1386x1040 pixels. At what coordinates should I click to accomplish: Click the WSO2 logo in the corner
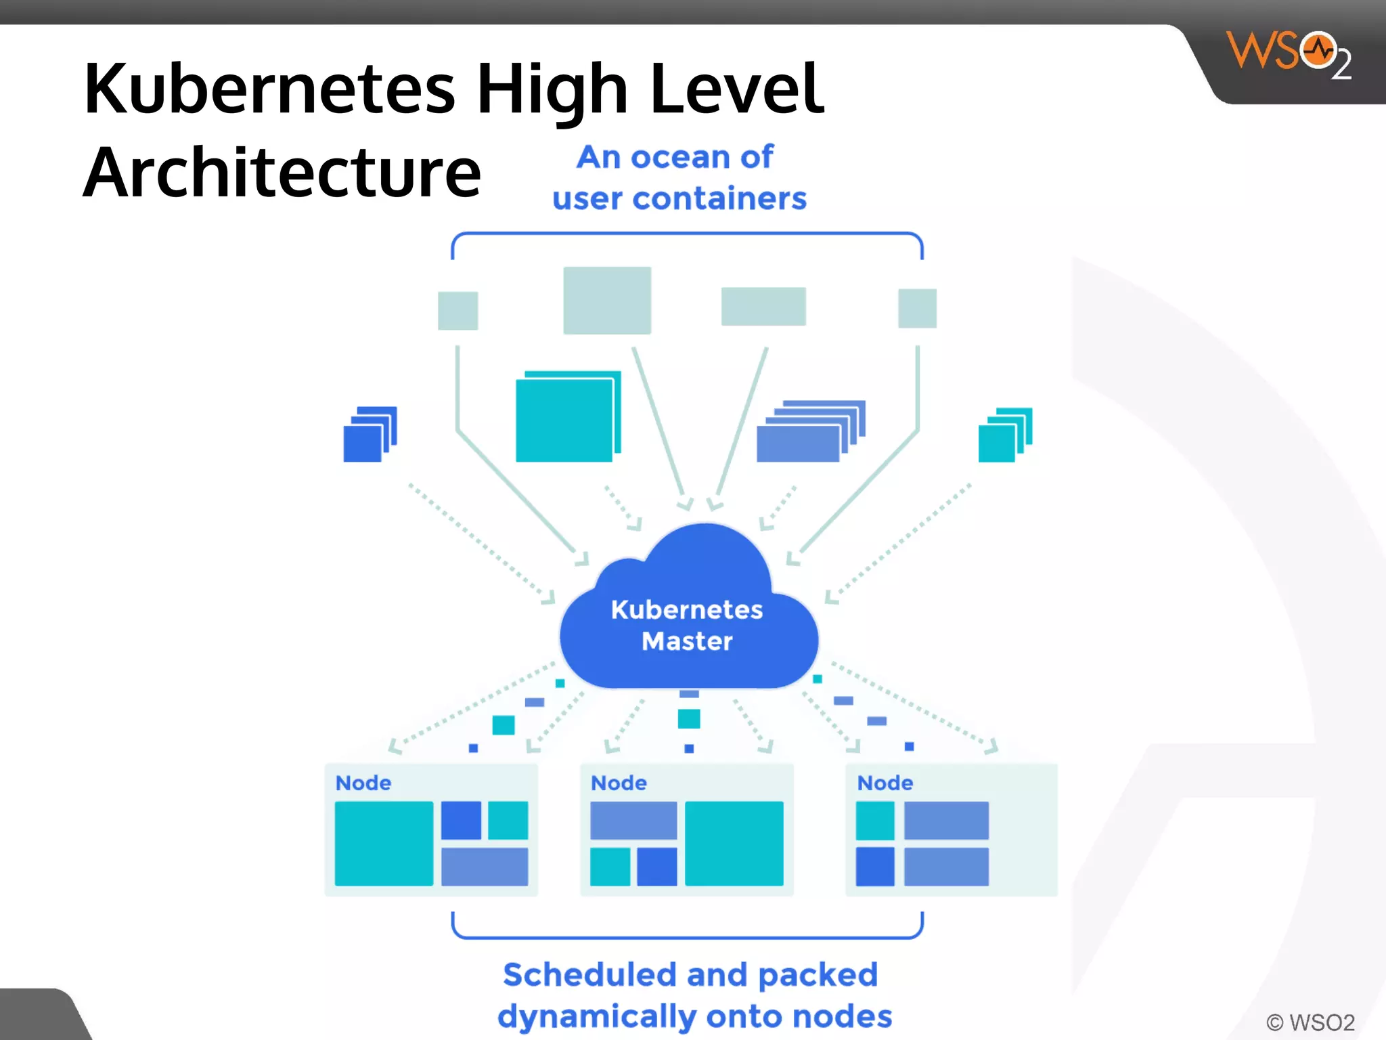[x=1288, y=54]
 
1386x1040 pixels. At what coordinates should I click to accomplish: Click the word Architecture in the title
[x=282, y=173]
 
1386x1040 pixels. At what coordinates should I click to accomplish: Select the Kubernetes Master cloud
[x=687, y=623]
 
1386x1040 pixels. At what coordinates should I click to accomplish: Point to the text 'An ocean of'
[x=675, y=157]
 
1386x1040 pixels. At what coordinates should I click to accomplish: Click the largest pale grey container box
[x=607, y=300]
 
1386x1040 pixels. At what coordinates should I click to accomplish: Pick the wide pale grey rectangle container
[x=763, y=306]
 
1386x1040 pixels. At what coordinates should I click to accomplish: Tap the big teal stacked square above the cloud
[x=566, y=418]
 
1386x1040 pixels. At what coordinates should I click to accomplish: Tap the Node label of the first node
[x=363, y=783]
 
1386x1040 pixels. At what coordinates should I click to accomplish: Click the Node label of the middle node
[x=619, y=783]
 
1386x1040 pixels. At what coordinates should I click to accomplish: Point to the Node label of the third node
[x=885, y=783]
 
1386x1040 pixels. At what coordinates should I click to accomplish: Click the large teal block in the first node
[x=384, y=843]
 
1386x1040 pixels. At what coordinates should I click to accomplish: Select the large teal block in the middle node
[x=734, y=843]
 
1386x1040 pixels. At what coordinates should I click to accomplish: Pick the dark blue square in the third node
[x=874, y=867]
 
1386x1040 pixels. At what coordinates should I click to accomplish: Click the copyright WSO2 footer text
[x=1310, y=1022]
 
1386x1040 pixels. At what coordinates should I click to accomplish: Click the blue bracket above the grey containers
[x=687, y=234]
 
